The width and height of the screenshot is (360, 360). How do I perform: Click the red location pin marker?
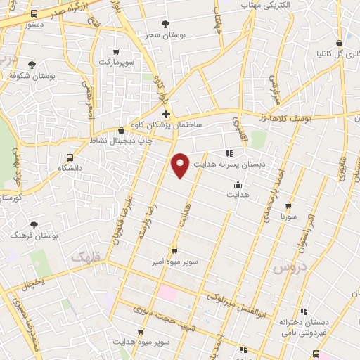pyautogui.click(x=181, y=165)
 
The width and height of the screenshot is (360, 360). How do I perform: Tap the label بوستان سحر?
pyautogui.click(x=165, y=34)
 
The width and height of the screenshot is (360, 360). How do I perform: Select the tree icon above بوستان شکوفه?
pyautogui.click(x=32, y=64)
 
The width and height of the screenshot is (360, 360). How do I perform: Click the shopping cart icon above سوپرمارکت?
pyautogui.click(x=115, y=51)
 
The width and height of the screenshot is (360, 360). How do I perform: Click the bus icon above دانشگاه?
pyautogui.click(x=69, y=157)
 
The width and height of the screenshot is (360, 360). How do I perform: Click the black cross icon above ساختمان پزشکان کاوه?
pyautogui.click(x=166, y=114)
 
